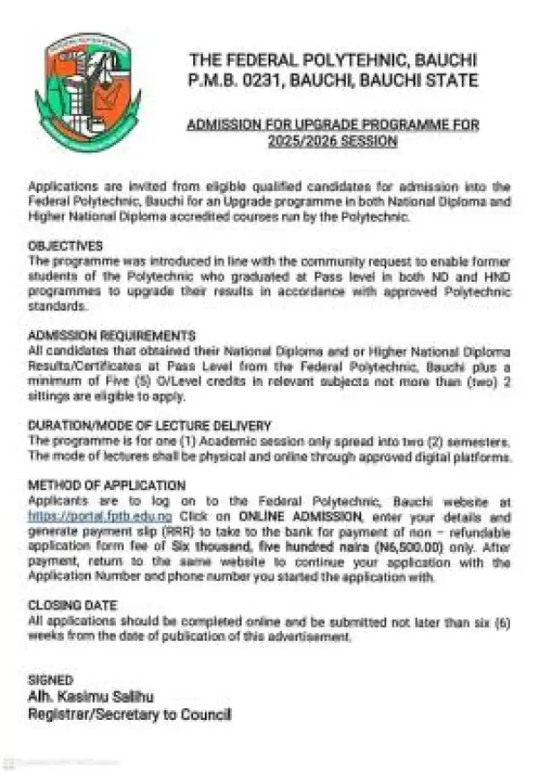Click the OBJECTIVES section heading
(66, 244)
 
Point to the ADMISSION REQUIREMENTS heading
(111, 335)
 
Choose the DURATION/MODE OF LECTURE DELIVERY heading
(149, 425)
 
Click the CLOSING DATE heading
(73, 605)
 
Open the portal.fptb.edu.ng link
(100, 516)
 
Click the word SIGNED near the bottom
(50, 680)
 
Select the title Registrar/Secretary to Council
(129, 715)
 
